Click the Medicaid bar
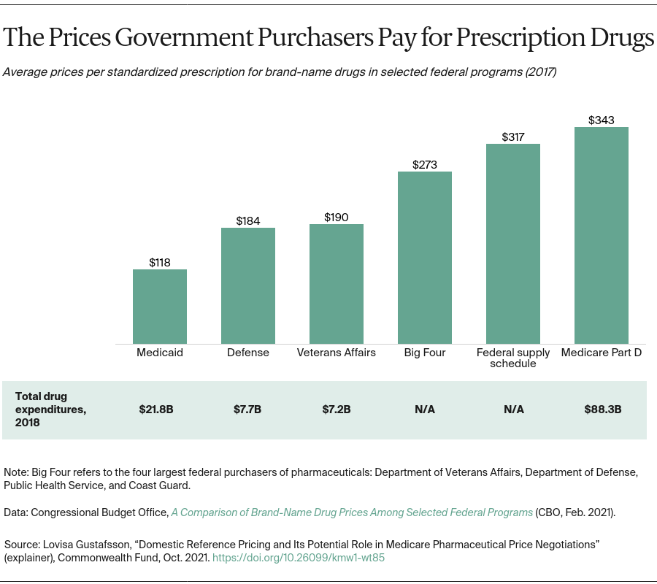coord(159,307)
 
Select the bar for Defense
coord(247,285)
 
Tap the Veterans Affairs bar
coord(336,284)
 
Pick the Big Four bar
coord(424,258)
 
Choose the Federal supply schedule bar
coord(512,244)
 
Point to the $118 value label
coord(159,262)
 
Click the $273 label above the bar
coord(424,164)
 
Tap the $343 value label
coord(601,120)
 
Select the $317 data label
coord(512,137)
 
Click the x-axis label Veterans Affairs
coord(336,353)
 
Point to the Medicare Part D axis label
coord(601,353)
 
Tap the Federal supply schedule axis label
coord(512,358)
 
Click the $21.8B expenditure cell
coord(156,410)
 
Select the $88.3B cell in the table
coord(602,410)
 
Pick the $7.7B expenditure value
coord(247,410)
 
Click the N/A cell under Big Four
coord(424,410)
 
